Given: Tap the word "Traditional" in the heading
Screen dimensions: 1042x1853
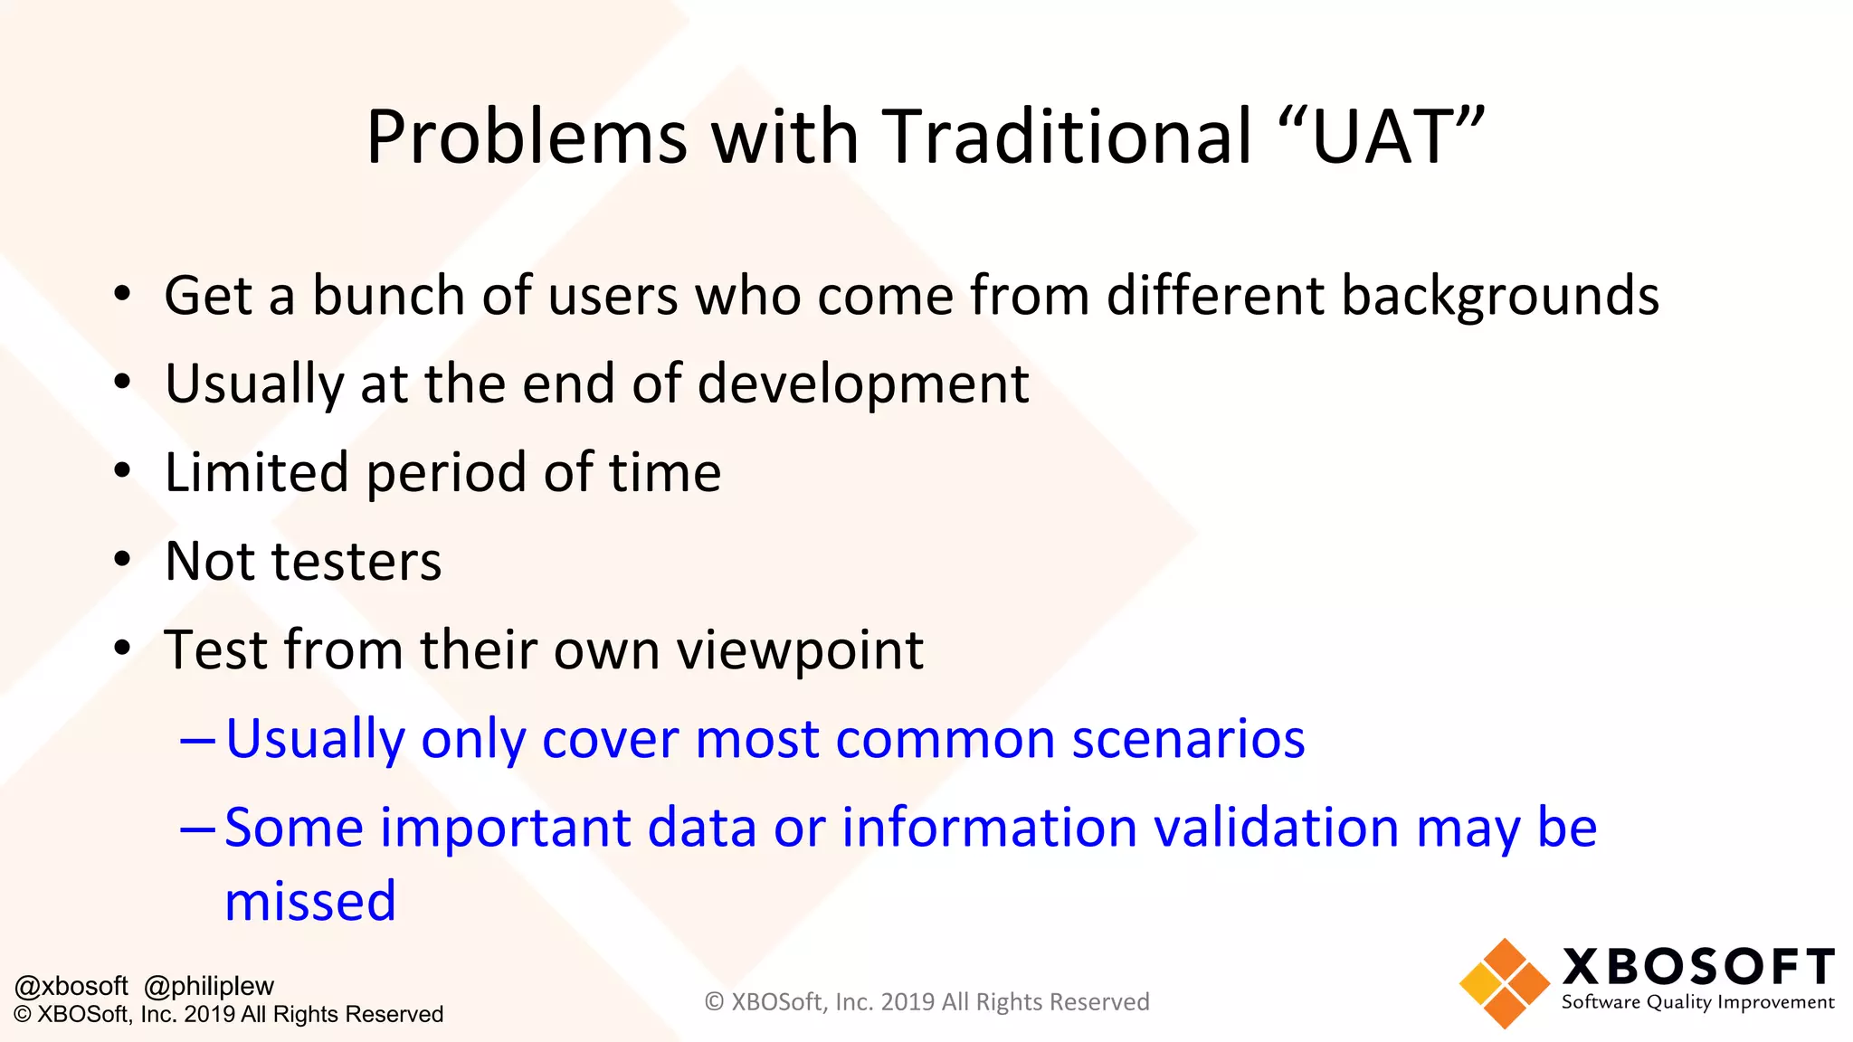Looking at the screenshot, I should pos(1066,137).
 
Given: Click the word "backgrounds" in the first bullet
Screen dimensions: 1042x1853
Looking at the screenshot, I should pos(1499,296).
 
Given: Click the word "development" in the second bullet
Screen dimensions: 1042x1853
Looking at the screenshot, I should pos(863,384).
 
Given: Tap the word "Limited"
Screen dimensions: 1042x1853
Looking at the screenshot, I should pos(256,472).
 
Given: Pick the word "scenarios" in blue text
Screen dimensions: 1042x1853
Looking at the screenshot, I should pos(1188,739).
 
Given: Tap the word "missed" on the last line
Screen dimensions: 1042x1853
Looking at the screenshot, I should pos(310,902).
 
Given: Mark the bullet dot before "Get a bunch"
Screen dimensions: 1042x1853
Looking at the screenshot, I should pos(122,295).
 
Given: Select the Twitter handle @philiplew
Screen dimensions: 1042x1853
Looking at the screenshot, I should pos(209,986).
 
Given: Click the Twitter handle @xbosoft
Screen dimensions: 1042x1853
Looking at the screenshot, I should pos(71,986).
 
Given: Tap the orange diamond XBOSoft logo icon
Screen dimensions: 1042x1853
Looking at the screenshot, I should pos(1504,984).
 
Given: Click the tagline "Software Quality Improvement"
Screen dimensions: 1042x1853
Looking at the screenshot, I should pos(1697,1002).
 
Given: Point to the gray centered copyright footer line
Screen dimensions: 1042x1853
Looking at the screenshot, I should pos(926,1002).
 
